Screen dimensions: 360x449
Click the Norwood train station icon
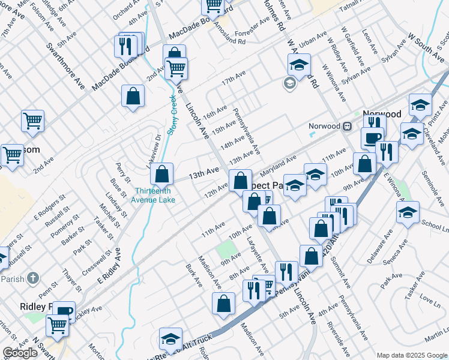347,126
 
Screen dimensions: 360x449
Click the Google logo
20,353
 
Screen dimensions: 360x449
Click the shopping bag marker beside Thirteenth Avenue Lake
161,175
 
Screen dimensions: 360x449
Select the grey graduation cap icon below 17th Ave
290,83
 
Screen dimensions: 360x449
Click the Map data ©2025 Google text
412,355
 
